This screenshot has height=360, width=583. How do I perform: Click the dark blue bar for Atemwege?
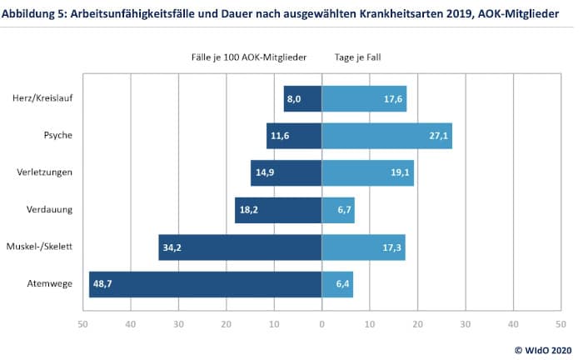tap(205, 284)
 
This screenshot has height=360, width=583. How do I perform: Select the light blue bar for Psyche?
tap(386, 136)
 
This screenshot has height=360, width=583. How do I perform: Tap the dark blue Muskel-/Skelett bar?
tap(240, 247)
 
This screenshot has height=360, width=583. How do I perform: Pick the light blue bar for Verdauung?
tap(338, 210)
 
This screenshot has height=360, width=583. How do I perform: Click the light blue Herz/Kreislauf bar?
tap(364, 98)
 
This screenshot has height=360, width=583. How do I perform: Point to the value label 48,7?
tap(103, 284)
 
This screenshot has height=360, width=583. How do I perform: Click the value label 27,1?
tap(438, 136)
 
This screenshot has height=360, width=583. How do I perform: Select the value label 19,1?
tap(401, 173)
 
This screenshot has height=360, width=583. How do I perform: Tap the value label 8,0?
tap(293, 99)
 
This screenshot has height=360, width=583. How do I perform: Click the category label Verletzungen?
tap(45, 173)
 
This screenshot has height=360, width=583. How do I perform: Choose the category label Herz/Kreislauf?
tap(41, 99)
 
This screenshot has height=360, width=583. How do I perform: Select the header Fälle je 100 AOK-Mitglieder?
tap(249, 57)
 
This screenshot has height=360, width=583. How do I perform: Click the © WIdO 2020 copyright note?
tap(544, 349)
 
